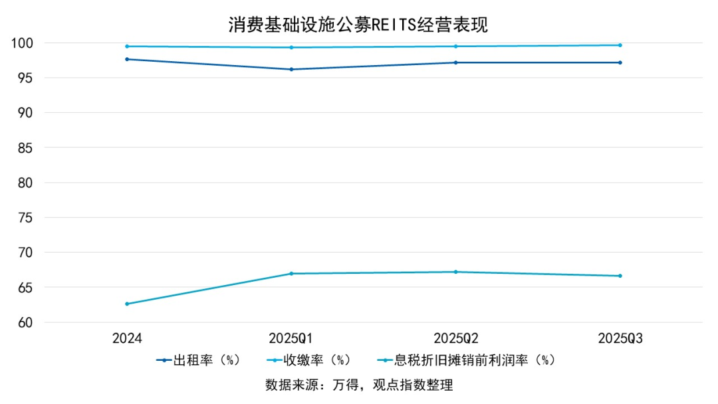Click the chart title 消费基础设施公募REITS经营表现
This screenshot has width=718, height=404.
coord(358,25)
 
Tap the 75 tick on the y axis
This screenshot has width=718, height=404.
coord(25,218)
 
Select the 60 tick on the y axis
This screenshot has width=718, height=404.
coord(25,323)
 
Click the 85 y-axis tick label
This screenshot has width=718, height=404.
coord(25,148)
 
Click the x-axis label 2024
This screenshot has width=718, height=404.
coord(127,338)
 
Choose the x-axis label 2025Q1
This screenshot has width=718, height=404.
coord(291,338)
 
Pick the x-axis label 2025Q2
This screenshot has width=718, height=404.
coord(455,338)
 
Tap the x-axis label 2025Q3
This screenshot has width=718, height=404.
coord(620,338)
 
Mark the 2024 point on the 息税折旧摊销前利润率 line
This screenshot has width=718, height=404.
coord(127,304)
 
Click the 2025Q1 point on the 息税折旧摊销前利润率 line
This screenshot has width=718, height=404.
coord(291,274)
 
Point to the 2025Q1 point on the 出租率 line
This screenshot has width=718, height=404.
coord(291,69)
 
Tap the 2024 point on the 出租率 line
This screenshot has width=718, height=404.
coord(127,59)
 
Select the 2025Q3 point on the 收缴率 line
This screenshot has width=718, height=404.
coord(620,45)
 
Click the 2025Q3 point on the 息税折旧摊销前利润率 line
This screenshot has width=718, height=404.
coord(620,276)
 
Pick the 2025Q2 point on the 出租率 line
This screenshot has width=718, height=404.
coord(455,62)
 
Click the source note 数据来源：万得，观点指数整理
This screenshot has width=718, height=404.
coord(358,385)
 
